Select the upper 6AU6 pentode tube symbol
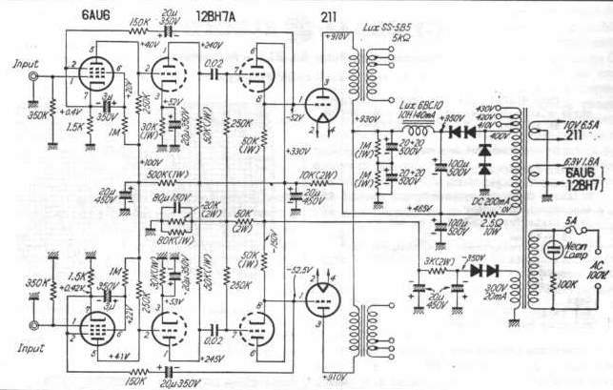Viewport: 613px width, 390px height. click(88, 70)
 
